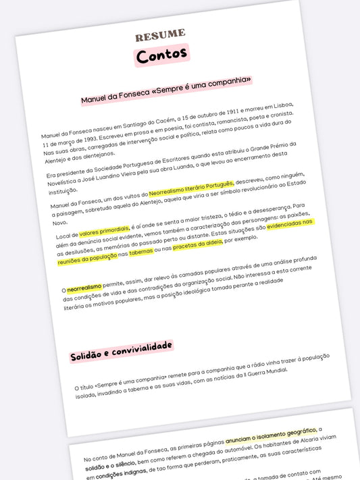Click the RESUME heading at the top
pos(160,34)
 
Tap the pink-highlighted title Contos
pos(161,56)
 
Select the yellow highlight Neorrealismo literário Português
pos(191,186)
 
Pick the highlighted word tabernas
pos(141,253)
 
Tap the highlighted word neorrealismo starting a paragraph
pos(84,288)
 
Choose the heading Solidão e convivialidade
pos(121,352)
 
